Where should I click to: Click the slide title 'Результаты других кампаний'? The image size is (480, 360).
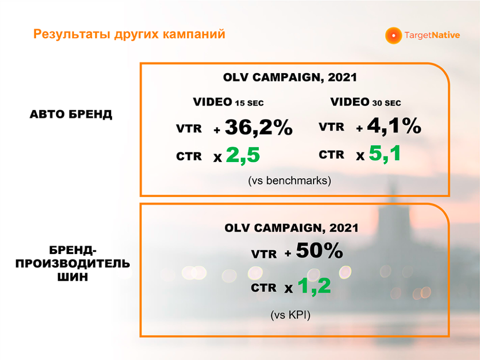pos(129,34)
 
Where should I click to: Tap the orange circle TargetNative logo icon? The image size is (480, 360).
pos(393,36)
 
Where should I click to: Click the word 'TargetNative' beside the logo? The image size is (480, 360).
pos(432,36)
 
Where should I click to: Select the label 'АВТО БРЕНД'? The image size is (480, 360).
pos(71,114)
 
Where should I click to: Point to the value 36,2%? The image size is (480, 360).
pos(259,127)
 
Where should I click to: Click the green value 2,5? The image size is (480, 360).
pos(243,155)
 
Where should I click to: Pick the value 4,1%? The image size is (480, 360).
pos(394,126)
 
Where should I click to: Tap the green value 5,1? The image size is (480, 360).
pos(385,153)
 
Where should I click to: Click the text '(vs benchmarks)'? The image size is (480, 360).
pos(290,180)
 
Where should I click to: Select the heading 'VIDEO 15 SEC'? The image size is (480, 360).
pos(228,102)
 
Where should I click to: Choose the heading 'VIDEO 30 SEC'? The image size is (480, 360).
pos(366,102)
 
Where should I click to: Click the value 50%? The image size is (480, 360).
pos(319,250)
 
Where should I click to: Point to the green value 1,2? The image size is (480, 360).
pos(314,286)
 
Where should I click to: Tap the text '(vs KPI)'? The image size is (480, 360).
pos(291,315)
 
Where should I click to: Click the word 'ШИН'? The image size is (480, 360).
pos(73,277)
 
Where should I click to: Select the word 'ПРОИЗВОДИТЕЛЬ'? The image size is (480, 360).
pos(73,263)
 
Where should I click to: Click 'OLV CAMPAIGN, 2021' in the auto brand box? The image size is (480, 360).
pos(290,77)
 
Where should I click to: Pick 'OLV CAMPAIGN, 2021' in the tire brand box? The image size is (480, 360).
pos(292,228)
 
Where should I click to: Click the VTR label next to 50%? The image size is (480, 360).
pos(264,254)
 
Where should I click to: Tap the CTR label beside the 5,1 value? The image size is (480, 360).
pos(331,155)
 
